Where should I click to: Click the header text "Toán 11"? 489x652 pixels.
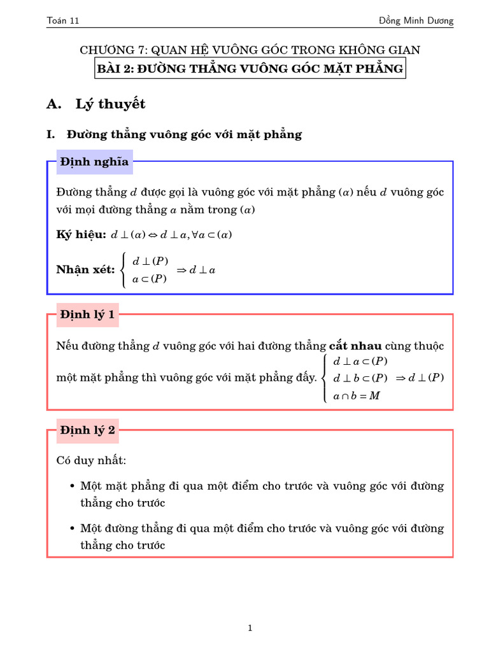coord(63,21)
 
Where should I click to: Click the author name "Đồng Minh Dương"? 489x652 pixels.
coord(416,21)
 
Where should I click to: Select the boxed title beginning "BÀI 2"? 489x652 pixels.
coord(250,69)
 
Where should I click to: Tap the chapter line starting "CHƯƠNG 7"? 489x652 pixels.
coord(250,50)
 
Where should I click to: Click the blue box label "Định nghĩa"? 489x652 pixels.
coord(94,162)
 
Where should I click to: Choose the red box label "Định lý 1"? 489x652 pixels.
coord(87,315)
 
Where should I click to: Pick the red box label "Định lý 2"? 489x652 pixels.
coord(87,430)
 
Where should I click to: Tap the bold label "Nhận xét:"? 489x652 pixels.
coord(85,270)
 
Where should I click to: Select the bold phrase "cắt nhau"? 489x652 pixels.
coord(355,346)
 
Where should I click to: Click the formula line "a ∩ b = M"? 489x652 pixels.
coord(357,396)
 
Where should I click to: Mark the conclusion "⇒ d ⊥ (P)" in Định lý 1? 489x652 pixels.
coord(420,378)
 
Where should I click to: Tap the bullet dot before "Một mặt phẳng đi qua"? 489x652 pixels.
coord(73,486)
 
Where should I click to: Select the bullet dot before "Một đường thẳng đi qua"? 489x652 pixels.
coord(73,529)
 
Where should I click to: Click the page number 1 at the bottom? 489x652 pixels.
coord(250,628)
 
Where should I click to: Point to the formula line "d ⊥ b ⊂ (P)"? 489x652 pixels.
coord(360,378)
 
